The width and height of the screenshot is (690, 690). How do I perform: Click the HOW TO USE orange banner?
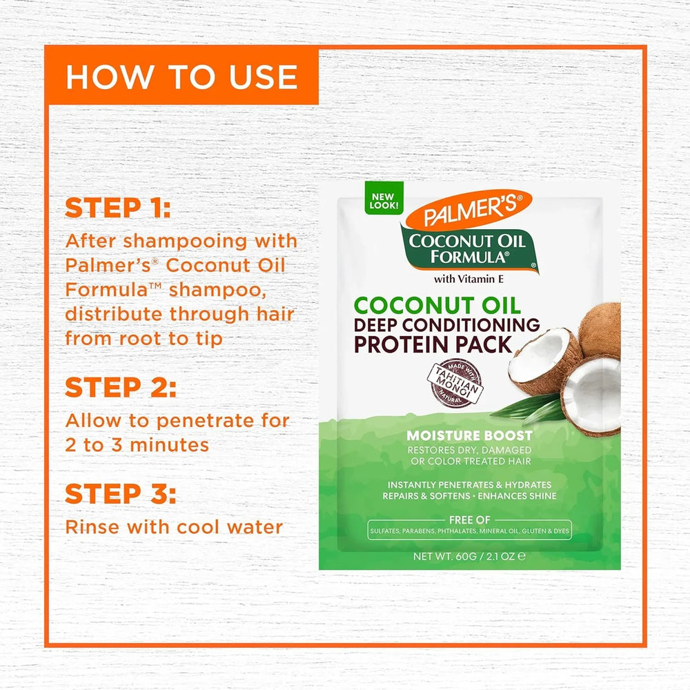click(181, 77)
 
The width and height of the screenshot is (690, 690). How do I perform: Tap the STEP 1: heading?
click(117, 208)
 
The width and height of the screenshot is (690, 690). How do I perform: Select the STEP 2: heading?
click(120, 388)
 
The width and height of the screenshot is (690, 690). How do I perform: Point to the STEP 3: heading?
click(120, 494)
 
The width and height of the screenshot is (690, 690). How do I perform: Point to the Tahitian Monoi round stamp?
click(457, 382)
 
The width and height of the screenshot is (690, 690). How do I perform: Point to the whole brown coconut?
click(602, 330)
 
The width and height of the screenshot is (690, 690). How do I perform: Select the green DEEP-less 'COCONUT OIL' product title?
click(437, 305)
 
